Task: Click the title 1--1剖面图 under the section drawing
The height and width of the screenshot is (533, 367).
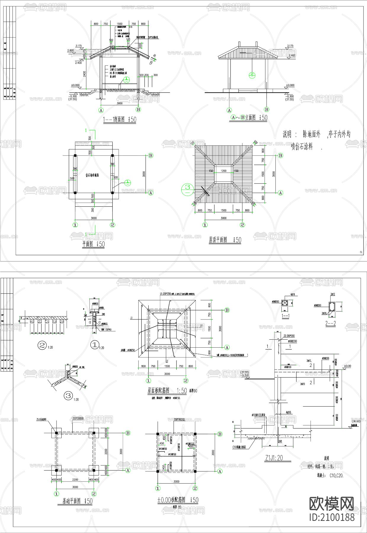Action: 119,120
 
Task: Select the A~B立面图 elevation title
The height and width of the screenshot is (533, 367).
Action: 249,118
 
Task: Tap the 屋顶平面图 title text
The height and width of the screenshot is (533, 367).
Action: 225,240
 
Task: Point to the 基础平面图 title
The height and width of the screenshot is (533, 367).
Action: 77,501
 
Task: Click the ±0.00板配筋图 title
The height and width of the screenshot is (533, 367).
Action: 178,500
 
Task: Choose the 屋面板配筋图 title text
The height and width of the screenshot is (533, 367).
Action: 167,391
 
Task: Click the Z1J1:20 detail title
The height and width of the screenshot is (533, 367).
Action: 274,458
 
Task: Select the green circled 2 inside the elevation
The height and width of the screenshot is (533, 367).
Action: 252,75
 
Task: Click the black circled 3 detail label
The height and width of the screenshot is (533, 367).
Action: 68,395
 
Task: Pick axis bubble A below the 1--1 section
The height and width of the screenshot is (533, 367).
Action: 101,110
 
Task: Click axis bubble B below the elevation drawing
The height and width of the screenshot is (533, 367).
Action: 266,110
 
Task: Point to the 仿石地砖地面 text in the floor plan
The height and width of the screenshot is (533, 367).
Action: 92,175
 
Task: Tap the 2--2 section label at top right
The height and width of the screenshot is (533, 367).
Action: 330,323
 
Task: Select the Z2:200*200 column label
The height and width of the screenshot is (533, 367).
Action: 289,336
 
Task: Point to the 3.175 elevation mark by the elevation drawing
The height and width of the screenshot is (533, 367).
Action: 290,46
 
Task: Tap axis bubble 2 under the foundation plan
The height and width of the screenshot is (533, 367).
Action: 94,494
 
